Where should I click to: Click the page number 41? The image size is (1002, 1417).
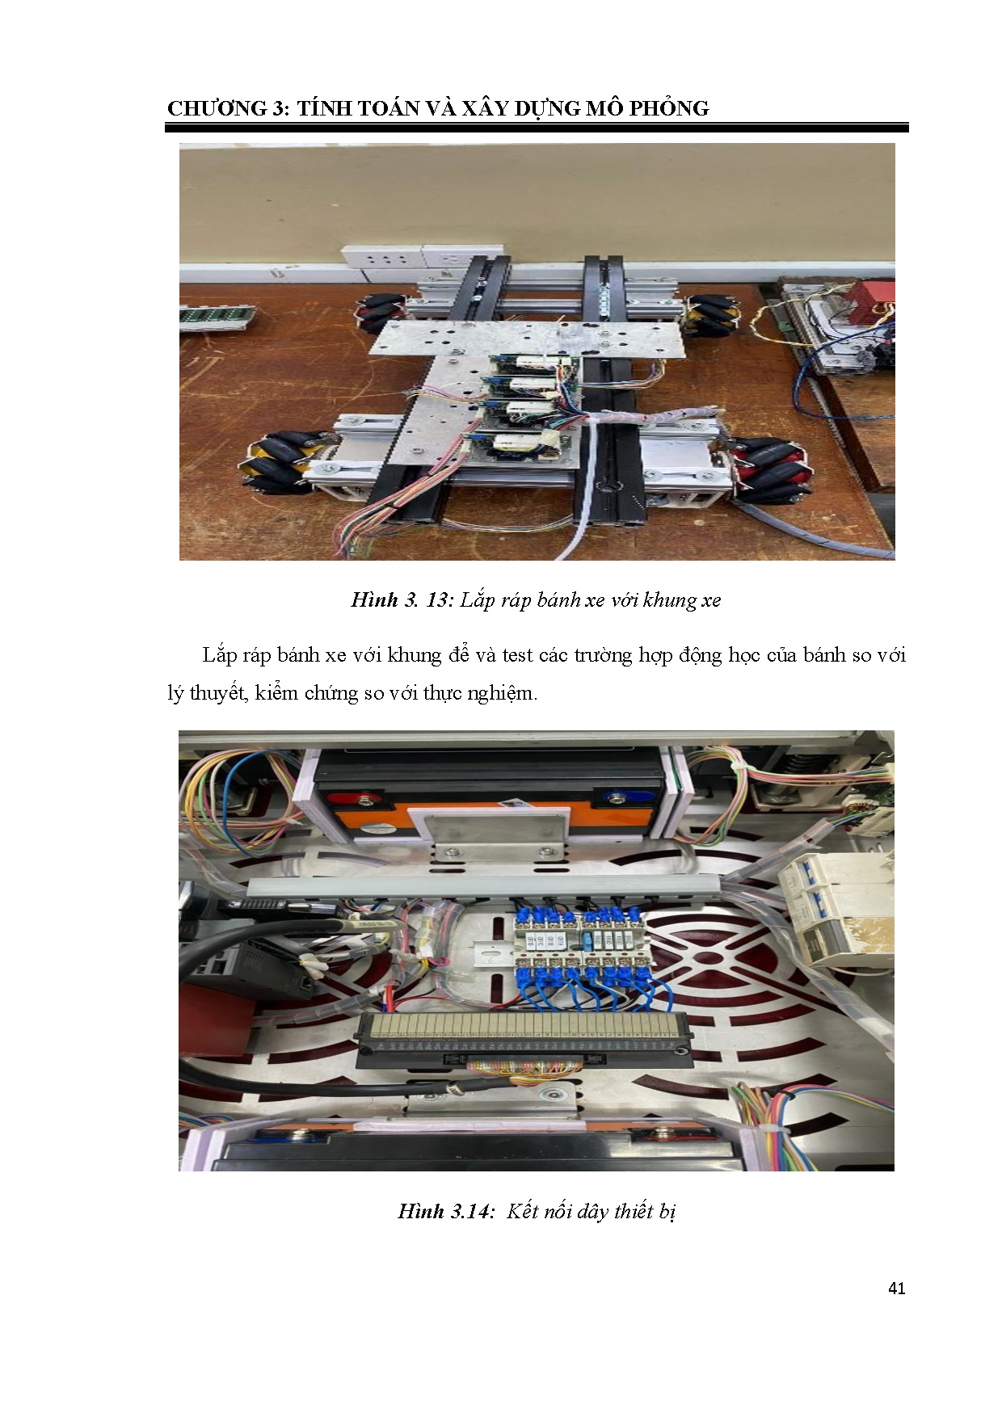(x=896, y=1289)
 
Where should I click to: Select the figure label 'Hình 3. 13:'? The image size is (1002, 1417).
(x=402, y=599)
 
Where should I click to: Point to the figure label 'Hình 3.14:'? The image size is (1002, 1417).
(x=445, y=1211)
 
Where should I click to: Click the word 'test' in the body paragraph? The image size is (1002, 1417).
(x=517, y=655)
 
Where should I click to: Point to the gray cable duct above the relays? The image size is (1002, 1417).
(x=483, y=886)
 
